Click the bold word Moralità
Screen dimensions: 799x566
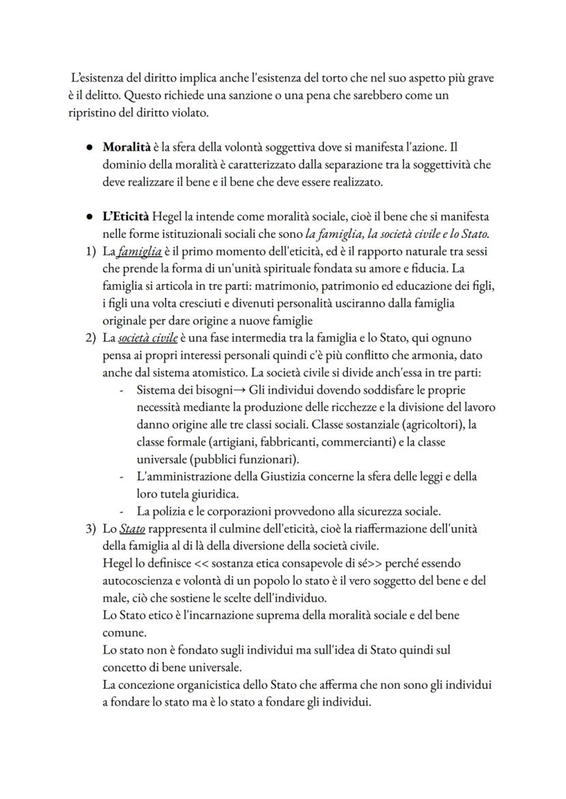click(125, 147)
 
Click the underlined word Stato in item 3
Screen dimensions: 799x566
click(132, 528)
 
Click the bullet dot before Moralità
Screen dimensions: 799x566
click(90, 148)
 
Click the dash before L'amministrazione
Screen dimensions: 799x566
click(121, 476)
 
